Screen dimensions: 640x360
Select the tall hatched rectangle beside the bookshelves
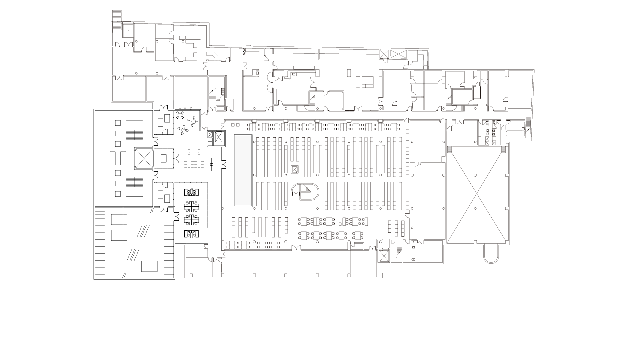pos(243,171)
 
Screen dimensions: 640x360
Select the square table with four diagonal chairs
pos(180,115)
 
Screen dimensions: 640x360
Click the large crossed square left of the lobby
pos(143,158)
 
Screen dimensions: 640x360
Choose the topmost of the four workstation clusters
pos(192,192)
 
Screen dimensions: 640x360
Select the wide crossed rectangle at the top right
pos(399,54)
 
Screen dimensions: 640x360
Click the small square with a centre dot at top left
pos(128,30)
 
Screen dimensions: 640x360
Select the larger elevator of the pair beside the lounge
pos(218,137)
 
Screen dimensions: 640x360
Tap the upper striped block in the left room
pos(134,130)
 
